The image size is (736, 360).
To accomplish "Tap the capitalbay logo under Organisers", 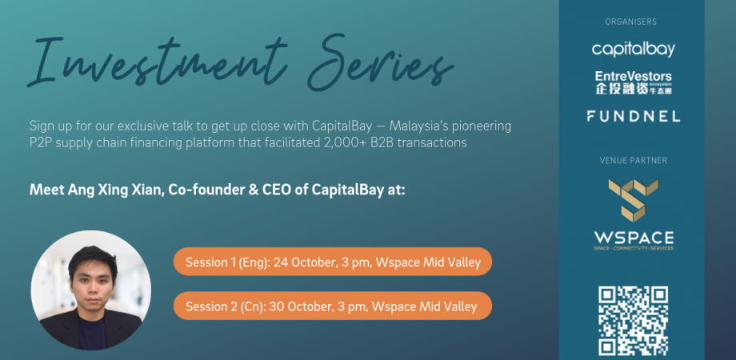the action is tap(633, 49).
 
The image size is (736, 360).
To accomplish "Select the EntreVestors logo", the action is tap(634, 82).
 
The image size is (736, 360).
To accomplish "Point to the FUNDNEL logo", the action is tap(634, 116).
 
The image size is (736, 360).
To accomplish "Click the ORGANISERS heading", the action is tap(631, 22).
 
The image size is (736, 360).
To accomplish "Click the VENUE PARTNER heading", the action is tap(634, 161).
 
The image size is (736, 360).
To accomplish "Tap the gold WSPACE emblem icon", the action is tap(634, 200).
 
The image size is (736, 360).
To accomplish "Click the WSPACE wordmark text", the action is tap(634, 237).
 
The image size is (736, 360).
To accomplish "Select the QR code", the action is tap(634, 321).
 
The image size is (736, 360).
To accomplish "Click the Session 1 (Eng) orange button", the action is tap(333, 262).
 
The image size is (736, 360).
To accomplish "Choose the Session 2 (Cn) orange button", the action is tap(333, 306).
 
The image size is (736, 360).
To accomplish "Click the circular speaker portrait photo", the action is tap(91, 290).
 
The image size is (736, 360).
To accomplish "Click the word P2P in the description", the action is tap(40, 142).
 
